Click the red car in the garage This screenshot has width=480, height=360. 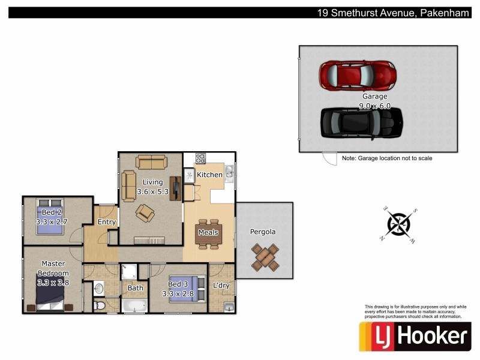[358, 75]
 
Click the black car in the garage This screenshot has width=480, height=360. [361, 122]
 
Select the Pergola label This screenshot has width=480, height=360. [263, 232]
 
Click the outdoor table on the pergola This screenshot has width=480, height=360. [265, 256]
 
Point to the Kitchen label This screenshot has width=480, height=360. [210, 175]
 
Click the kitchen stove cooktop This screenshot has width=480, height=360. [200, 159]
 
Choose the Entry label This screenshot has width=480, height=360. [107, 222]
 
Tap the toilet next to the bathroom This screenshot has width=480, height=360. [100, 306]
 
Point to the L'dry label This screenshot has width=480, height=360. [221, 286]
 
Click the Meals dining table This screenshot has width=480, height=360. [208, 233]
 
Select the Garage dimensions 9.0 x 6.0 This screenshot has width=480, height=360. [374, 106]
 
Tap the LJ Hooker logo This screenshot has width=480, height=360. [413, 336]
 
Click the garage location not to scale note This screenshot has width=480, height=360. [387, 158]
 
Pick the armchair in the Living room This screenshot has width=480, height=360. [145, 212]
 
